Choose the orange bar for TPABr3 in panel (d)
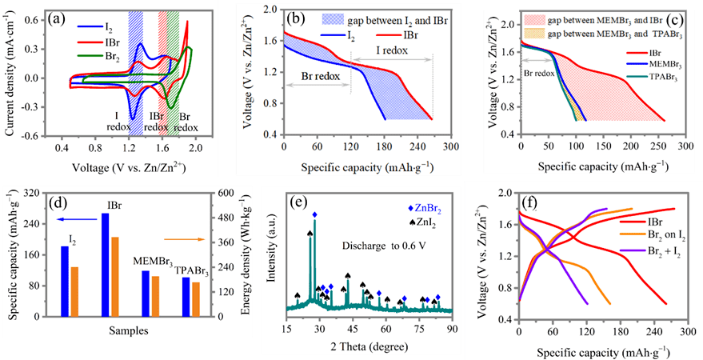click(196, 301)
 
